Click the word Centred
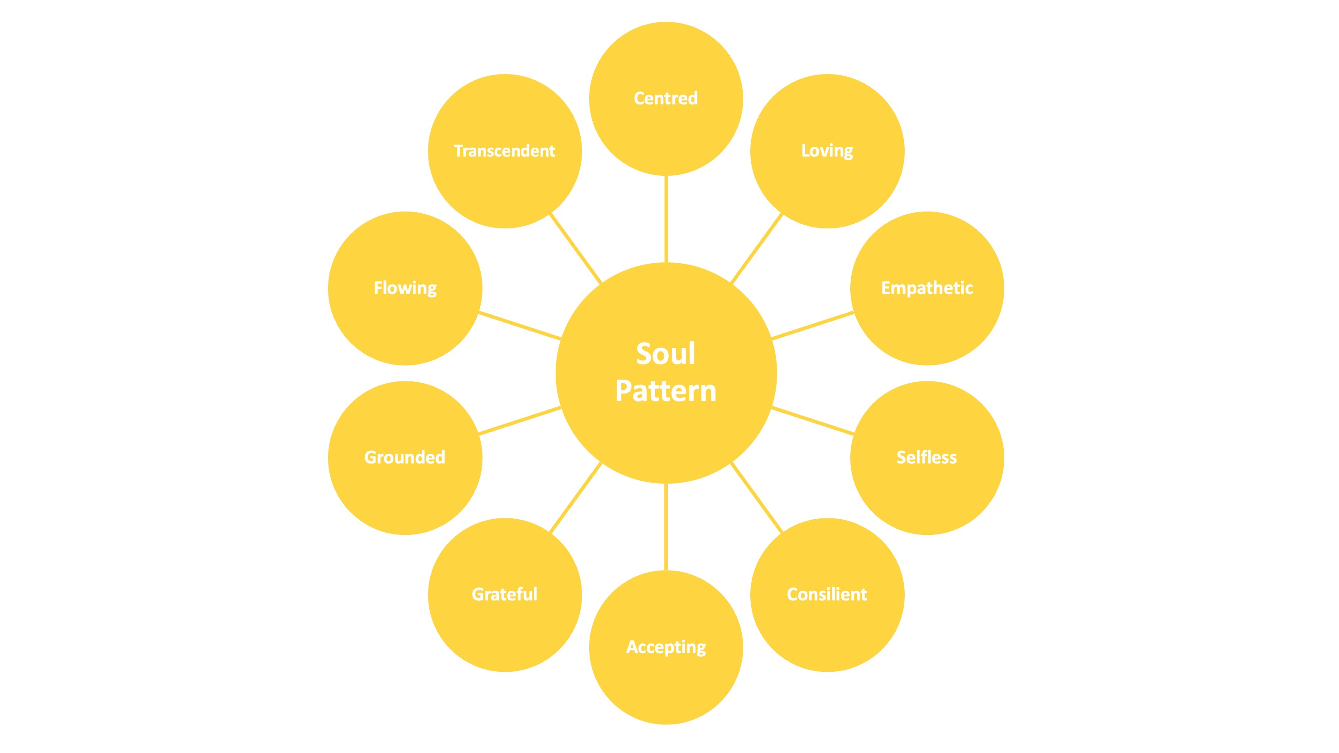click(x=665, y=98)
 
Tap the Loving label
click(x=827, y=151)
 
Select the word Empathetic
click(x=927, y=288)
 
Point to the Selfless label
click(x=926, y=457)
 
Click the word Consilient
click(x=827, y=594)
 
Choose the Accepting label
click(x=666, y=647)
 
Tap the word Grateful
click(x=504, y=594)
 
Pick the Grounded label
click(x=404, y=457)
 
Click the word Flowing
click(x=405, y=288)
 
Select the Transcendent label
click(x=504, y=151)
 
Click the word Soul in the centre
click(x=665, y=354)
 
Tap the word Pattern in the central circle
click(x=665, y=391)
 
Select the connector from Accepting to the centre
click(x=666, y=527)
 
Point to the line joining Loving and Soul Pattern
click(x=757, y=248)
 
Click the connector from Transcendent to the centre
click(x=575, y=248)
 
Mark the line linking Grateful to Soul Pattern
click(x=575, y=498)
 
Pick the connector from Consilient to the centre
click(x=757, y=498)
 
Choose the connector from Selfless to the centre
click(x=812, y=421)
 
